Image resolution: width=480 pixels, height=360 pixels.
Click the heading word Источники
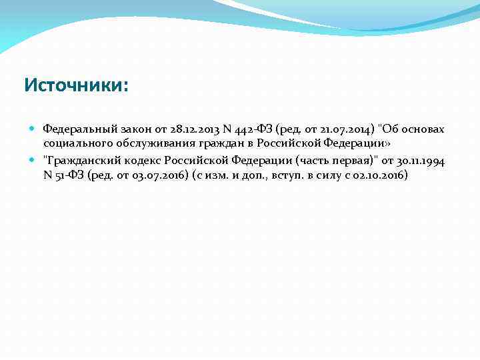pyautogui.click(x=75, y=85)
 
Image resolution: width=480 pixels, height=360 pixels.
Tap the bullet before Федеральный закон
pyautogui.click(x=33, y=128)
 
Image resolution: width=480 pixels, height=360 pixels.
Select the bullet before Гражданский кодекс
pyautogui.click(x=33, y=160)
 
